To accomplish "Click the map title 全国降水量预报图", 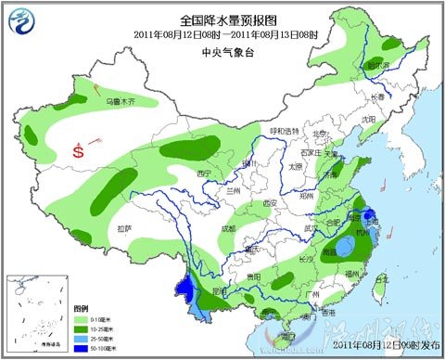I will point(222,19).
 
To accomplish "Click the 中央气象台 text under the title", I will point(222,52).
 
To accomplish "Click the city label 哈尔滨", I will point(376,66).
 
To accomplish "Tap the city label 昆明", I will point(219,290).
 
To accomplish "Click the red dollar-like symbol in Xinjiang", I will point(80,148).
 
